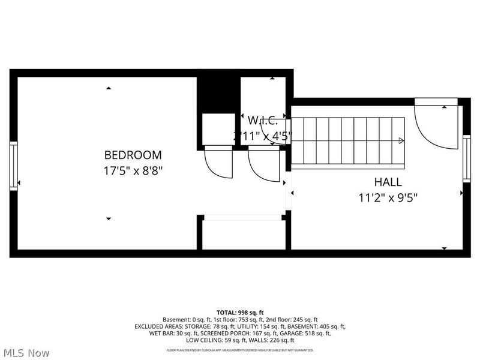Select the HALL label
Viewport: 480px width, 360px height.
tap(388, 182)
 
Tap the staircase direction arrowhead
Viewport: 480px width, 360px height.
tap(401, 141)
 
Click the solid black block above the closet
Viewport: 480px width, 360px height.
tap(218, 94)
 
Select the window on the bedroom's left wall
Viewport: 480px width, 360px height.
tap(13, 166)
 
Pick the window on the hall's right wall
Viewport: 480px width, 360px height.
tap(466, 157)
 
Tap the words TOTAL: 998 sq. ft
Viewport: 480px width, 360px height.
tap(240, 313)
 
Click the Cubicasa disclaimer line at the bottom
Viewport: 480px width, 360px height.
tap(240, 350)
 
